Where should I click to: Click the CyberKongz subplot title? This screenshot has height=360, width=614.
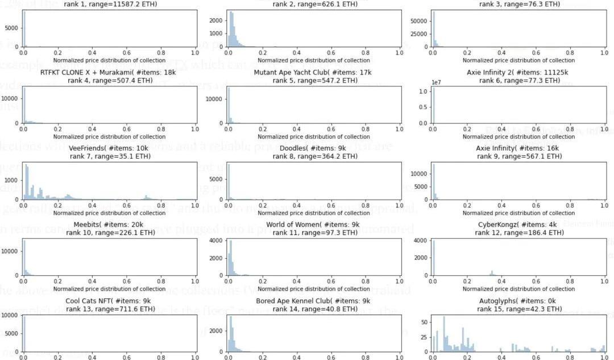click(x=518, y=225)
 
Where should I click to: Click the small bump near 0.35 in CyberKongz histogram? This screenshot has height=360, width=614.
click(x=492, y=272)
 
